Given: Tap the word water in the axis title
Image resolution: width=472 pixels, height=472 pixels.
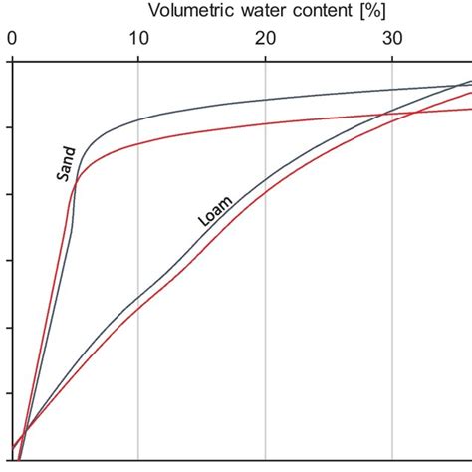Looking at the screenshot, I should click(x=260, y=12).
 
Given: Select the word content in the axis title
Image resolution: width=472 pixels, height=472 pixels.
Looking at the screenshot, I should click(x=321, y=12).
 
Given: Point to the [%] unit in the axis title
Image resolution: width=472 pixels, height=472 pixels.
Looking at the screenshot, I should click(x=372, y=12).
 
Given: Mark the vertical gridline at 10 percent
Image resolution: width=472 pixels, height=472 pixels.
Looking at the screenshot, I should click(x=138, y=249).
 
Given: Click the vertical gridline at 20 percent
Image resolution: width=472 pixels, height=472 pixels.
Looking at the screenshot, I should click(x=266, y=299).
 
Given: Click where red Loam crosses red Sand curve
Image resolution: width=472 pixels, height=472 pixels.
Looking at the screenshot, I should click(x=410, y=112).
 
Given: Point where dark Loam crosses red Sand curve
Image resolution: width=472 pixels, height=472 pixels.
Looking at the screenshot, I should click(x=383, y=114).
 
